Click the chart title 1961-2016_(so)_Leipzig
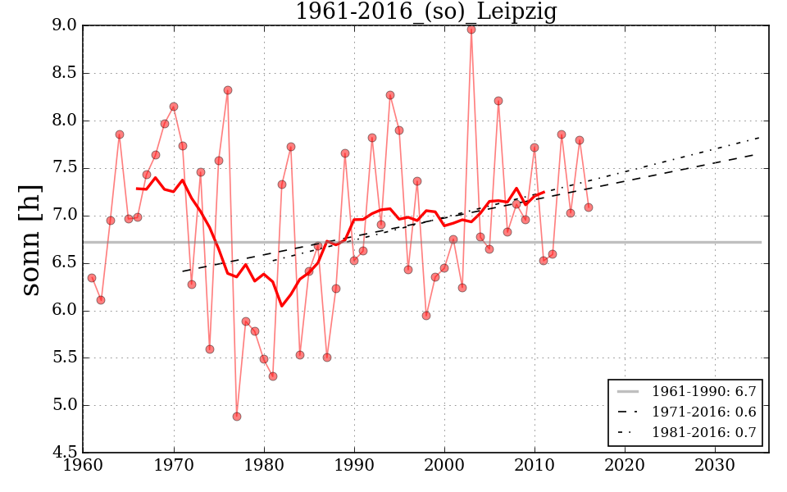[x=425, y=12]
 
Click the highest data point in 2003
[x=471, y=30]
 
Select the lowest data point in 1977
[x=237, y=417]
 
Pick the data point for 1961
[x=92, y=278]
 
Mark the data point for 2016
[x=589, y=207]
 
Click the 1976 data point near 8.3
[x=228, y=90]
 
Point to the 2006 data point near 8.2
[x=498, y=101]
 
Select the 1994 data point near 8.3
[x=390, y=95]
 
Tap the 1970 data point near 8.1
[x=174, y=107]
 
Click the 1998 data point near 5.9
[x=426, y=316]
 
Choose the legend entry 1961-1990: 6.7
[x=703, y=392]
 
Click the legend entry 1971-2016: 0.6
[x=703, y=412]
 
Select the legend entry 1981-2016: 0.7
[x=703, y=433]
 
